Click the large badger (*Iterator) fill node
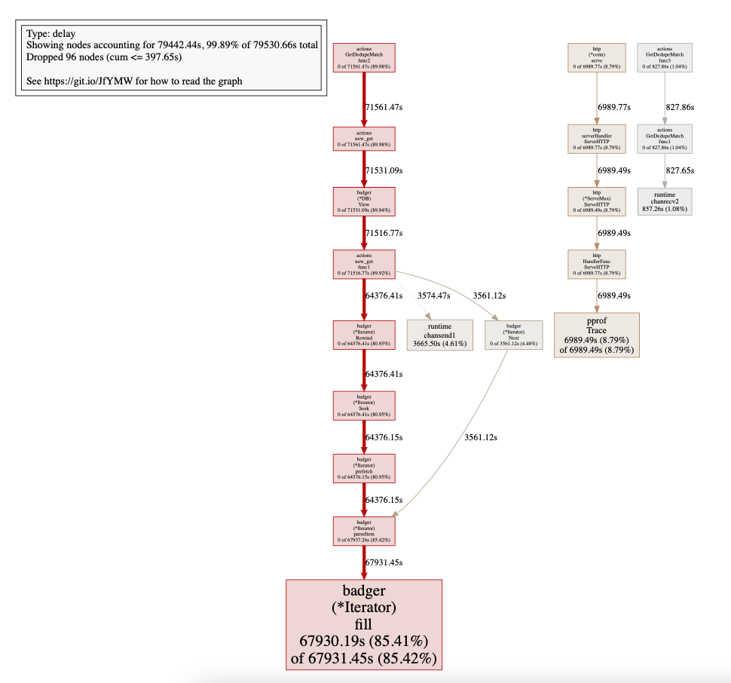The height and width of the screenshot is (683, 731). click(x=363, y=624)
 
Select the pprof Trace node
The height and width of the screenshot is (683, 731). click(x=597, y=334)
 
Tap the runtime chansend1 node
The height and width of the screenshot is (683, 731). click(x=440, y=334)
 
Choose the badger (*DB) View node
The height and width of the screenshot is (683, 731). click(x=364, y=201)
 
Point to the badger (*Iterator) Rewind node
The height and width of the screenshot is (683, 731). click(x=364, y=334)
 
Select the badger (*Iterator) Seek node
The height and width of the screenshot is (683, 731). click(x=364, y=405)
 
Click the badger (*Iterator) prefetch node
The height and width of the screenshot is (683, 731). click(x=364, y=467)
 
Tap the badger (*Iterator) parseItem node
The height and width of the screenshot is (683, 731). click(x=364, y=530)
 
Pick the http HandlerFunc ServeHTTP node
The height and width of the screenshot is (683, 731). click(x=597, y=264)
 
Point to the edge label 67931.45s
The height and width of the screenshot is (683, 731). click(x=384, y=562)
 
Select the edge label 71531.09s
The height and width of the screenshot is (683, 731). click(x=384, y=171)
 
